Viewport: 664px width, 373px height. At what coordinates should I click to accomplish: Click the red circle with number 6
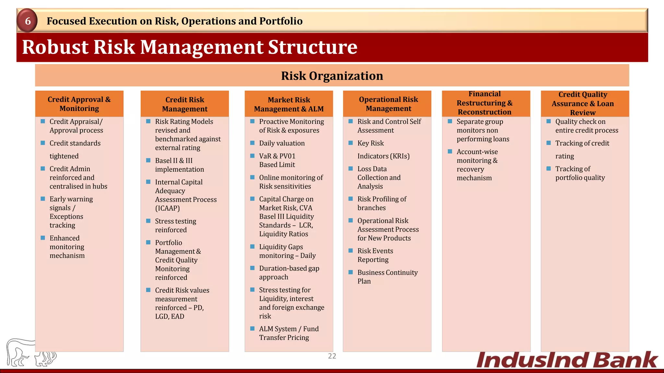click(28, 21)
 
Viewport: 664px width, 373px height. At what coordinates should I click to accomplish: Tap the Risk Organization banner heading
click(332, 76)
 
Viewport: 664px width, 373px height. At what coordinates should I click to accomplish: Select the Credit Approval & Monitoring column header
click(79, 104)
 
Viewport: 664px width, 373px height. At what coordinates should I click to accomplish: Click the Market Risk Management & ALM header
click(289, 104)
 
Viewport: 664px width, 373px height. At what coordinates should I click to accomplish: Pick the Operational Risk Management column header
click(388, 104)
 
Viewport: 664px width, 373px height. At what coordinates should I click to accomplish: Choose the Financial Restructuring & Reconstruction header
click(484, 103)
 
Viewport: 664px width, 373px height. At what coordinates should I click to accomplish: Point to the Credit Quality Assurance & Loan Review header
click(583, 104)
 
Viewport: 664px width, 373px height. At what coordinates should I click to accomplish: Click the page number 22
click(332, 356)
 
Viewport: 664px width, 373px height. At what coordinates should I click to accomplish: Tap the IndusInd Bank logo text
click(567, 360)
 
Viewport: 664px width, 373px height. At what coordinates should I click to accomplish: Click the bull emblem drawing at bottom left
click(31, 353)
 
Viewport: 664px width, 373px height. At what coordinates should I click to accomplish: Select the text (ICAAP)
click(167, 208)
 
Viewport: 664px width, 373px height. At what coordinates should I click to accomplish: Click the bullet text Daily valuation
click(282, 143)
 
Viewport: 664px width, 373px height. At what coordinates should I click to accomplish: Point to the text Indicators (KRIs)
click(383, 156)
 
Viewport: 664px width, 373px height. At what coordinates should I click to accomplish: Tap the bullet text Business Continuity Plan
click(387, 277)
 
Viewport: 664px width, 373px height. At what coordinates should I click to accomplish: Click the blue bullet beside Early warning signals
click(43, 199)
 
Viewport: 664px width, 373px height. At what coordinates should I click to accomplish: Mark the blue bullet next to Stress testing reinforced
click(148, 221)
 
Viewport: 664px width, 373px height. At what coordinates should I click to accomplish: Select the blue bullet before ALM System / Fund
click(252, 329)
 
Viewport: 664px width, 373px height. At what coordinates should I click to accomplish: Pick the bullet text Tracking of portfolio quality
click(580, 173)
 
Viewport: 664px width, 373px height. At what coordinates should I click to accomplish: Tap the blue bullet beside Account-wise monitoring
click(450, 152)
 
